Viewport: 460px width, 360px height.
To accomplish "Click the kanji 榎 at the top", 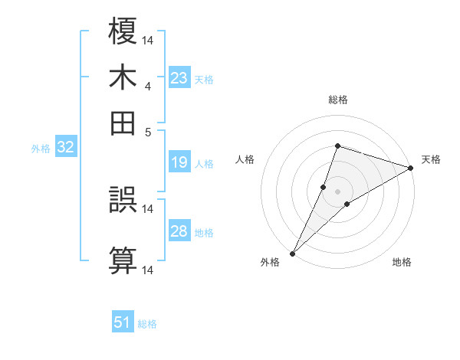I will click(123, 31).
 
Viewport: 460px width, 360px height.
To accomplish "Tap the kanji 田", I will click(123, 122).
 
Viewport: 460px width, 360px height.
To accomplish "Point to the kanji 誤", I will click(123, 201).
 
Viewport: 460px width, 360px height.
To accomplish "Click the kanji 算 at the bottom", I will click(123, 258).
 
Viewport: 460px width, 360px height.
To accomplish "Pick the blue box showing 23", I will click(179, 78).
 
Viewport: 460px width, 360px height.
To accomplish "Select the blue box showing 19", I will click(179, 162).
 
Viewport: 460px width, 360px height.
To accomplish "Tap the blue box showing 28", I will click(179, 231).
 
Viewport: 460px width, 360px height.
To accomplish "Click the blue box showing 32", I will click(65, 148).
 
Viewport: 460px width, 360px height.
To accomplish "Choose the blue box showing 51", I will click(123, 322).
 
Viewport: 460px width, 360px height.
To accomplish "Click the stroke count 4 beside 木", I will click(148, 87).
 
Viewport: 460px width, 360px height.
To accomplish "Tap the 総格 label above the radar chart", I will click(337, 100).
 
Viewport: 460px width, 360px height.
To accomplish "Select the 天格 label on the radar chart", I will click(431, 159).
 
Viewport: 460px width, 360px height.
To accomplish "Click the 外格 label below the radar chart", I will click(270, 263).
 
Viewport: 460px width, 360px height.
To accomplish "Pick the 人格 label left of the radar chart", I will click(245, 159).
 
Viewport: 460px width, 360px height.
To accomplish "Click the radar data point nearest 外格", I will click(293, 253).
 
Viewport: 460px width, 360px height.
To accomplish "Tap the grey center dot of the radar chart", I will click(337, 191).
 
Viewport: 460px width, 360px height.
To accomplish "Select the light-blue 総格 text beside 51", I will click(147, 324).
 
